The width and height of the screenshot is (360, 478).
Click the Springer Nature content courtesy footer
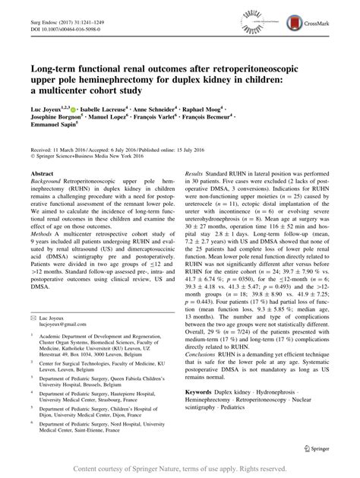[x=180, y=468]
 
